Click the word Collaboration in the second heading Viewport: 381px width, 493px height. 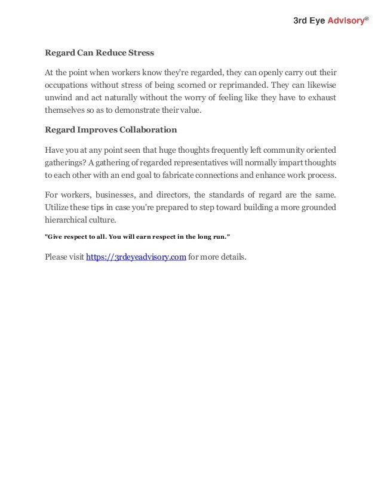click(148, 130)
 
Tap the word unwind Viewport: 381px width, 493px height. click(58, 98)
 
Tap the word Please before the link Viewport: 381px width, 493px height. click(57, 258)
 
